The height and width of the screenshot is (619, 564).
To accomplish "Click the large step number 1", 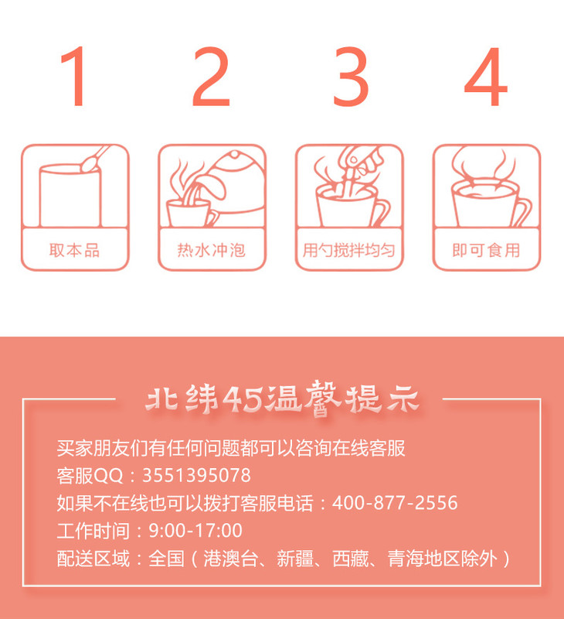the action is [x=74, y=76].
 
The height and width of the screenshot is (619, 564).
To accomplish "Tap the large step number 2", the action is [x=211, y=76].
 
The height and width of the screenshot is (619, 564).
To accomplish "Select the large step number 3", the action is [x=351, y=76].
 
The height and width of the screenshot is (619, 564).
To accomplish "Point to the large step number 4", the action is [x=485, y=76].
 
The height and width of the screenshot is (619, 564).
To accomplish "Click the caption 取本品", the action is [x=74, y=250].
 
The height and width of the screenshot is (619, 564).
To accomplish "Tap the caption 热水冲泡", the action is [x=212, y=250].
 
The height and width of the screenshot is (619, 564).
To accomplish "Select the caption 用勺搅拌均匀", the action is [x=348, y=250].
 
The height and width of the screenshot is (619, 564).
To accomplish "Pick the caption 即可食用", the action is [x=486, y=250].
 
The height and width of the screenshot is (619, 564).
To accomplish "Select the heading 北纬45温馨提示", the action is [x=282, y=399].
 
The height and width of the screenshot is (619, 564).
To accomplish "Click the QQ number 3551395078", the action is [x=196, y=475].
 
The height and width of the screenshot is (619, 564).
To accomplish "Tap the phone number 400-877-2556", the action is [x=395, y=503].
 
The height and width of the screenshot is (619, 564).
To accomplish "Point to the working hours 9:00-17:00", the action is [x=195, y=531].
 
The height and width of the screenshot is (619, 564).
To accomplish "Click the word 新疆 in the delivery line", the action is [x=295, y=559].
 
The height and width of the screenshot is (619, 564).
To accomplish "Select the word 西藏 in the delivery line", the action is [x=351, y=559].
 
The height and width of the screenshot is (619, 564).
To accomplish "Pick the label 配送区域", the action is [x=93, y=559].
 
